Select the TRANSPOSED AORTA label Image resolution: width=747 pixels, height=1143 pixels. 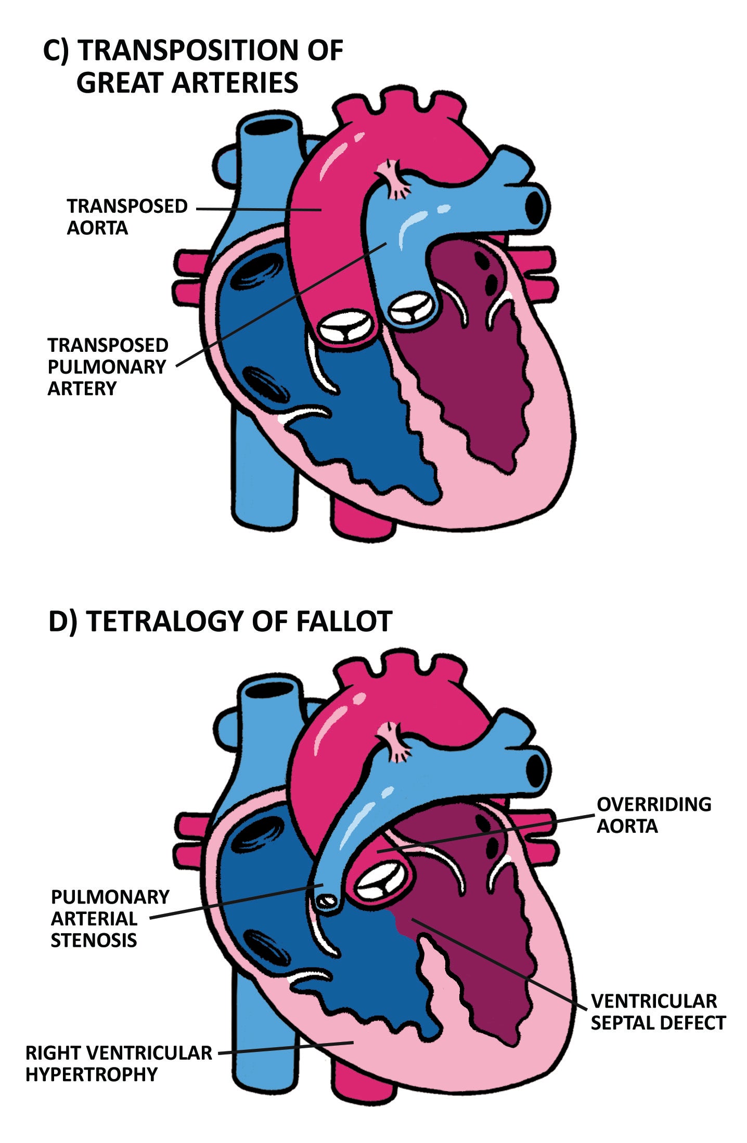tap(126, 217)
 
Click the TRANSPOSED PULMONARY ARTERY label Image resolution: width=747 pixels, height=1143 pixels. tap(108, 366)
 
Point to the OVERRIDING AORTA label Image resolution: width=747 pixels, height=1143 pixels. tap(653, 815)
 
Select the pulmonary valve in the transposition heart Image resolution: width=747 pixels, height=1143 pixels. tap(411, 309)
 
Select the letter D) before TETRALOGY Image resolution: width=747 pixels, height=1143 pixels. tap(62, 621)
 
